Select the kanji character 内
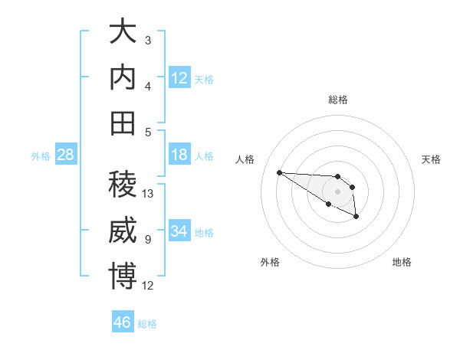tap(123, 77)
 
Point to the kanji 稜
tap(123, 185)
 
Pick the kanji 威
tap(123, 231)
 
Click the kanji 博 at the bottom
tap(123, 276)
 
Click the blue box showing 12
tap(179, 77)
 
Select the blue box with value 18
tap(179, 155)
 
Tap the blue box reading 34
tap(179, 231)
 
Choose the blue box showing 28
tap(66, 155)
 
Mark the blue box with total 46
tap(123, 322)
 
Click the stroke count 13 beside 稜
tap(149, 194)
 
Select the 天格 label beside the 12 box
tap(204, 79)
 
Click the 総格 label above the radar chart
tap(337, 100)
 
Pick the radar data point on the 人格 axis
tap(279, 172)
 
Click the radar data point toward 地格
tap(356, 218)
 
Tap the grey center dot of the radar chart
tap(337, 191)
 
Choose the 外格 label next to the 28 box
tap(41, 156)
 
